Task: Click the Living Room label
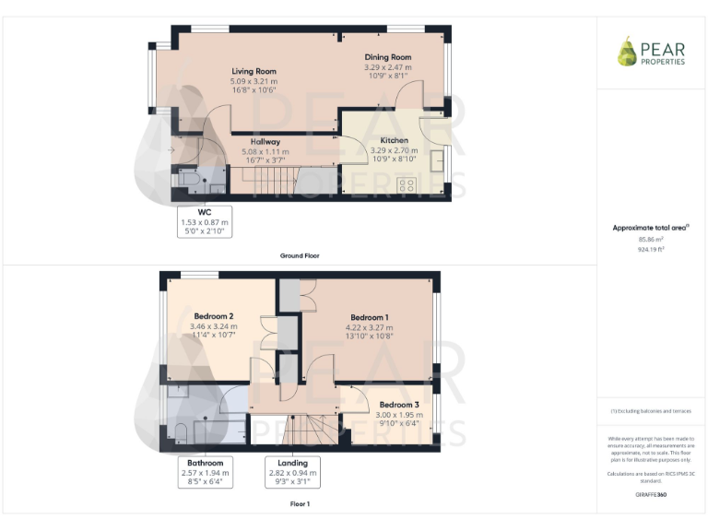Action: point(254,71)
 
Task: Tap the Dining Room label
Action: point(387,57)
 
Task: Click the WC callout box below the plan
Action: point(204,221)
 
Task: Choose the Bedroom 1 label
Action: point(370,317)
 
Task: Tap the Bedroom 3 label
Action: point(399,405)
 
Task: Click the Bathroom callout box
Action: point(206,472)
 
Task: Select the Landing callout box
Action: point(292,472)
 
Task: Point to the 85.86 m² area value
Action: point(651,239)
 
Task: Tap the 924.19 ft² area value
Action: point(651,248)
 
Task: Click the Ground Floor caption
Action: point(300,255)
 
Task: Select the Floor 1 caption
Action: point(300,504)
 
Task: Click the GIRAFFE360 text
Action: point(651,495)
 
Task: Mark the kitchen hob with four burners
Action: point(405,185)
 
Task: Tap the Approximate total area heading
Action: point(651,227)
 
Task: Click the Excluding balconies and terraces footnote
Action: point(651,410)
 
